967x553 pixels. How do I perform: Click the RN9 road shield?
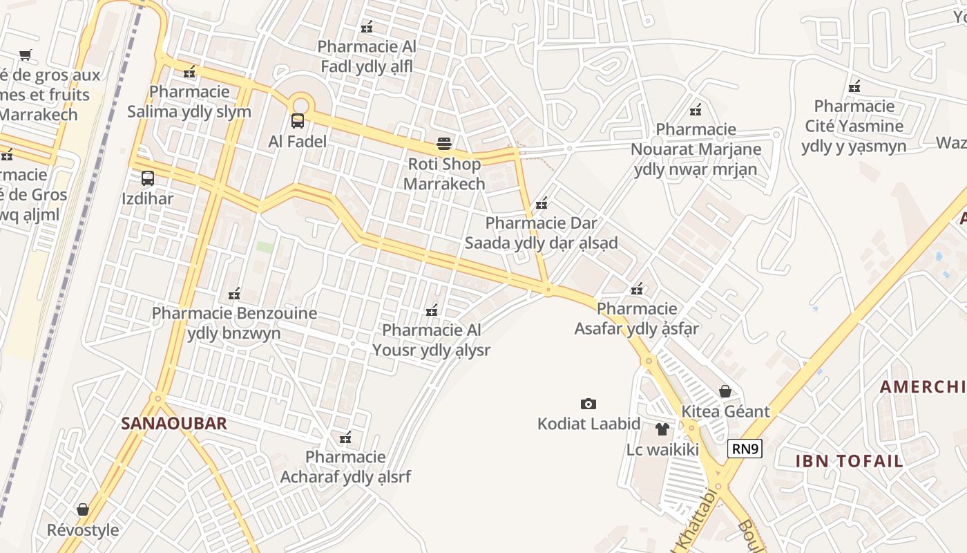tap(745, 449)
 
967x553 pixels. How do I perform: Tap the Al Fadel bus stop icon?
tap(298, 121)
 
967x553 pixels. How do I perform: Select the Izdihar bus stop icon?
tap(147, 178)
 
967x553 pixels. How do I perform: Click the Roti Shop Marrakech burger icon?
tap(444, 144)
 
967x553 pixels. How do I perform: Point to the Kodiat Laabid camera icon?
tap(588, 404)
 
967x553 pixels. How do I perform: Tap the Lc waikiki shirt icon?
tap(662, 429)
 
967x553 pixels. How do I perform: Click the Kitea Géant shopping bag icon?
tap(725, 391)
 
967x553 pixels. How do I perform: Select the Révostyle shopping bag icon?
tap(83, 509)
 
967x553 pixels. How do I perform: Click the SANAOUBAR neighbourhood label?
tap(174, 424)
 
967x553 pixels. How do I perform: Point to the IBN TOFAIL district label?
tap(849, 461)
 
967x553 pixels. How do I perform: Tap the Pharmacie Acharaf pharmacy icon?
tap(345, 437)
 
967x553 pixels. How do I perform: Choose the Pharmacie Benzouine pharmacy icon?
tap(234, 294)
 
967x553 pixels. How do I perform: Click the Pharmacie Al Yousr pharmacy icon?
tap(432, 310)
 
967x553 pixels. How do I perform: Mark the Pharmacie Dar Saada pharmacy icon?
tap(542, 203)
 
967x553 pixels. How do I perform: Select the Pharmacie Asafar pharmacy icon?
tap(637, 288)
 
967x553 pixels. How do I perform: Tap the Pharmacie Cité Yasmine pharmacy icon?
tap(854, 86)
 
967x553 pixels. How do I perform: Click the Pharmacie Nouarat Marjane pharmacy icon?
tap(696, 109)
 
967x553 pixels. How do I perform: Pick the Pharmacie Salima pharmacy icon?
tap(189, 71)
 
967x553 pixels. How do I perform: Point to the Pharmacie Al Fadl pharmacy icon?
tap(367, 27)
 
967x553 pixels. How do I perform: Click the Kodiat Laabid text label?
tap(588, 424)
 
